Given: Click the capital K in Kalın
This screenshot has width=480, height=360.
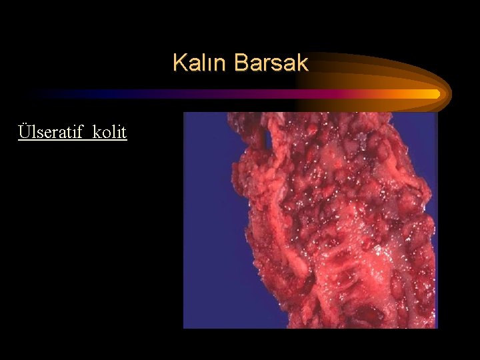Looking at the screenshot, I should (x=178, y=63).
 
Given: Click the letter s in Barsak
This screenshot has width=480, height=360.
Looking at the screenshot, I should (x=277, y=64).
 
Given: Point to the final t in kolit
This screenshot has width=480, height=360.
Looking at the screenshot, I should (x=124, y=132).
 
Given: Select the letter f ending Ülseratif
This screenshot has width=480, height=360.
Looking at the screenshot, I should (x=83, y=131).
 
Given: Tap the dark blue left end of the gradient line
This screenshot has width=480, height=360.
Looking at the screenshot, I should (x=40, y=94).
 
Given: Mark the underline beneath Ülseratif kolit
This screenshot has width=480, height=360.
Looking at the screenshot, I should (x=73, y=140).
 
